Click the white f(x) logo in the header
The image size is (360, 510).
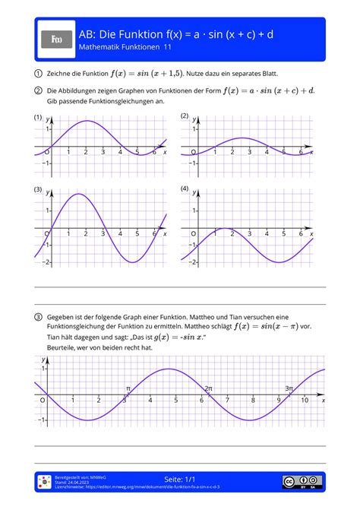coord(57,40)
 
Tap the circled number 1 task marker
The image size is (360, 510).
coord(38,74)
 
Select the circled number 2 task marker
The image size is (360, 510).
coord(38,90)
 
